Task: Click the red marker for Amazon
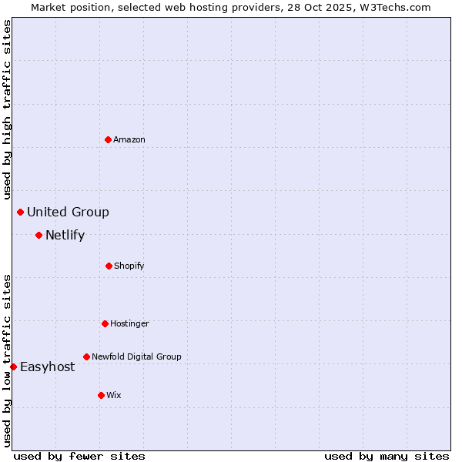[108, 139]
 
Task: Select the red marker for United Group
[20, 212]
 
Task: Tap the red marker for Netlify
[38, 235]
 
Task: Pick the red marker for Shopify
[109, 266]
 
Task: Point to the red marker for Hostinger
[105, 323]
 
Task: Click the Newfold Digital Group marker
[86, 357]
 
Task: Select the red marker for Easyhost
[13, 367]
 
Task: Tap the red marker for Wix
[101, 395]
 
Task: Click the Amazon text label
[129, 139]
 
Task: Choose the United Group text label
[68, 212]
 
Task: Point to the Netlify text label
[65, 235]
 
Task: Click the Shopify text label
[129, 266]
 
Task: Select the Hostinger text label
[129, 323]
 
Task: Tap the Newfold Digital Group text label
[136, 357]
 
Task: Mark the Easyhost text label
[47, 367]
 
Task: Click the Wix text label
[114, 395]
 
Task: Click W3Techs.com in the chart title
[393, 7]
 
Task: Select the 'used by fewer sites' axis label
[79, 456]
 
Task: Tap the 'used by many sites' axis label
[387, 456]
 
